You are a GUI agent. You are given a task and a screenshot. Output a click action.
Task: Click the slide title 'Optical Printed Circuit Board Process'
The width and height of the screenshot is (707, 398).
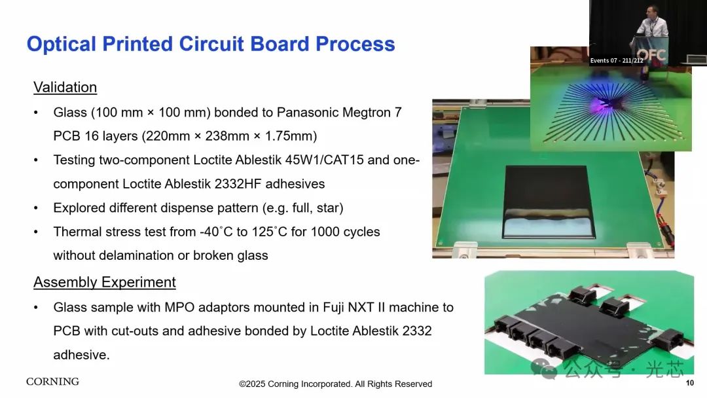click(211, 44)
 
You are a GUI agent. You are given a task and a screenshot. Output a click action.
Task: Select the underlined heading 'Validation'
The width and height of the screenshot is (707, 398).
click(65, 87)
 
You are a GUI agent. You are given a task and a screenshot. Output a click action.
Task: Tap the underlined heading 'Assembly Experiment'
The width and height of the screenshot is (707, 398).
click(105, 282)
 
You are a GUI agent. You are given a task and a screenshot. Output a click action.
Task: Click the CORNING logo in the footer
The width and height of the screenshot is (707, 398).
click(53, 382)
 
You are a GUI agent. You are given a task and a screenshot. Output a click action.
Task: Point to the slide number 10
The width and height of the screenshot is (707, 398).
click(689, 383)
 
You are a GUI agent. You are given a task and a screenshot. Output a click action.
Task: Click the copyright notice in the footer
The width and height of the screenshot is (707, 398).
click(335, 384)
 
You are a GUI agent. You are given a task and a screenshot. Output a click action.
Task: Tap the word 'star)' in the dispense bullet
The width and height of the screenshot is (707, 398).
click(329, 208)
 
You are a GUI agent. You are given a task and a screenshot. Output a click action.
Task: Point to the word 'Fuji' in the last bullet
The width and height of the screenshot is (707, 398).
click(334, 308)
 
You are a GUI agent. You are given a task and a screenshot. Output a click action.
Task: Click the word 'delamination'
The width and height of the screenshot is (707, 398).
click(136, 255)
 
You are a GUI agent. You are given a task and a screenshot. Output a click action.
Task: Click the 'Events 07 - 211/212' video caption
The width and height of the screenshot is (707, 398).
click(617, 60)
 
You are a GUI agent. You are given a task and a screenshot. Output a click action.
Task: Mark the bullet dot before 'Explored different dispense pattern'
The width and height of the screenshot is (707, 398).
click(36, 208)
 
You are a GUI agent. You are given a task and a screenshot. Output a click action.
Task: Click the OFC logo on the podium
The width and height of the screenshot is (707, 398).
click(651, 55)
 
